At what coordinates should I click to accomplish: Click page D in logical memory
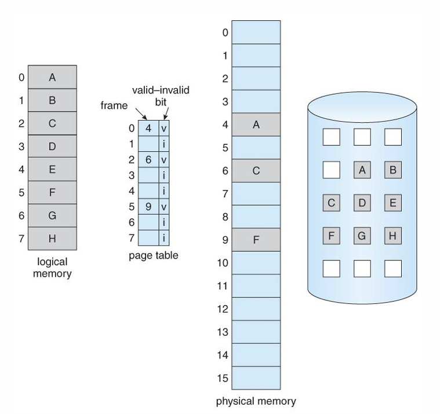point(52,146)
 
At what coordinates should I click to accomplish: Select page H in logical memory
point(52,238)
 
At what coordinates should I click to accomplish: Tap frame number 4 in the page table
point(148,128)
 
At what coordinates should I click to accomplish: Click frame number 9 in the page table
point(148,206)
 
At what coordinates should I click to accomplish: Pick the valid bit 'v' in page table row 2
point(164,160)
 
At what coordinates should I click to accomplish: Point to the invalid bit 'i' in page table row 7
point(164,238)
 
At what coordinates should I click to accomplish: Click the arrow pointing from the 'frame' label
point(141,114)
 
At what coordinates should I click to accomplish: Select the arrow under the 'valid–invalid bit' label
point(166,114)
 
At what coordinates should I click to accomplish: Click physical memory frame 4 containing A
point(256,125)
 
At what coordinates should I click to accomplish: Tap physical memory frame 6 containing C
point(256,170)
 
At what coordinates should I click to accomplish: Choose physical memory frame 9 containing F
point(256,239)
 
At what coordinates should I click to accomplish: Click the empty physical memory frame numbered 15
point(256,378)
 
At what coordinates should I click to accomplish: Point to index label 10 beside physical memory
point(223,263)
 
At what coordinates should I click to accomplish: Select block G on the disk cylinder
point(362,236)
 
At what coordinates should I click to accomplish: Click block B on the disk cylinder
point(393,170)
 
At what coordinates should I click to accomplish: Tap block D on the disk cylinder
point(362,202)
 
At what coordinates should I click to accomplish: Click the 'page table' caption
point(154,256)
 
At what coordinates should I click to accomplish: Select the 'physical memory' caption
point(256,401)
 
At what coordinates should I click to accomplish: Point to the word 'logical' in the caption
point(52,262)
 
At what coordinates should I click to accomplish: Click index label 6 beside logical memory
point(21,216)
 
